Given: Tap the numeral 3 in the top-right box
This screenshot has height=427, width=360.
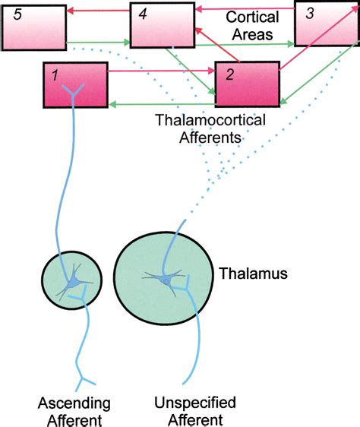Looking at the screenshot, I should [311, 13].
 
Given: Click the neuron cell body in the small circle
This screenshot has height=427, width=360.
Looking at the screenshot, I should [73, 283].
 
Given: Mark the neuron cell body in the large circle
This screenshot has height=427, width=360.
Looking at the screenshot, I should [166, 281].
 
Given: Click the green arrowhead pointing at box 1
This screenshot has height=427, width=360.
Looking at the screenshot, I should [112, 103].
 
